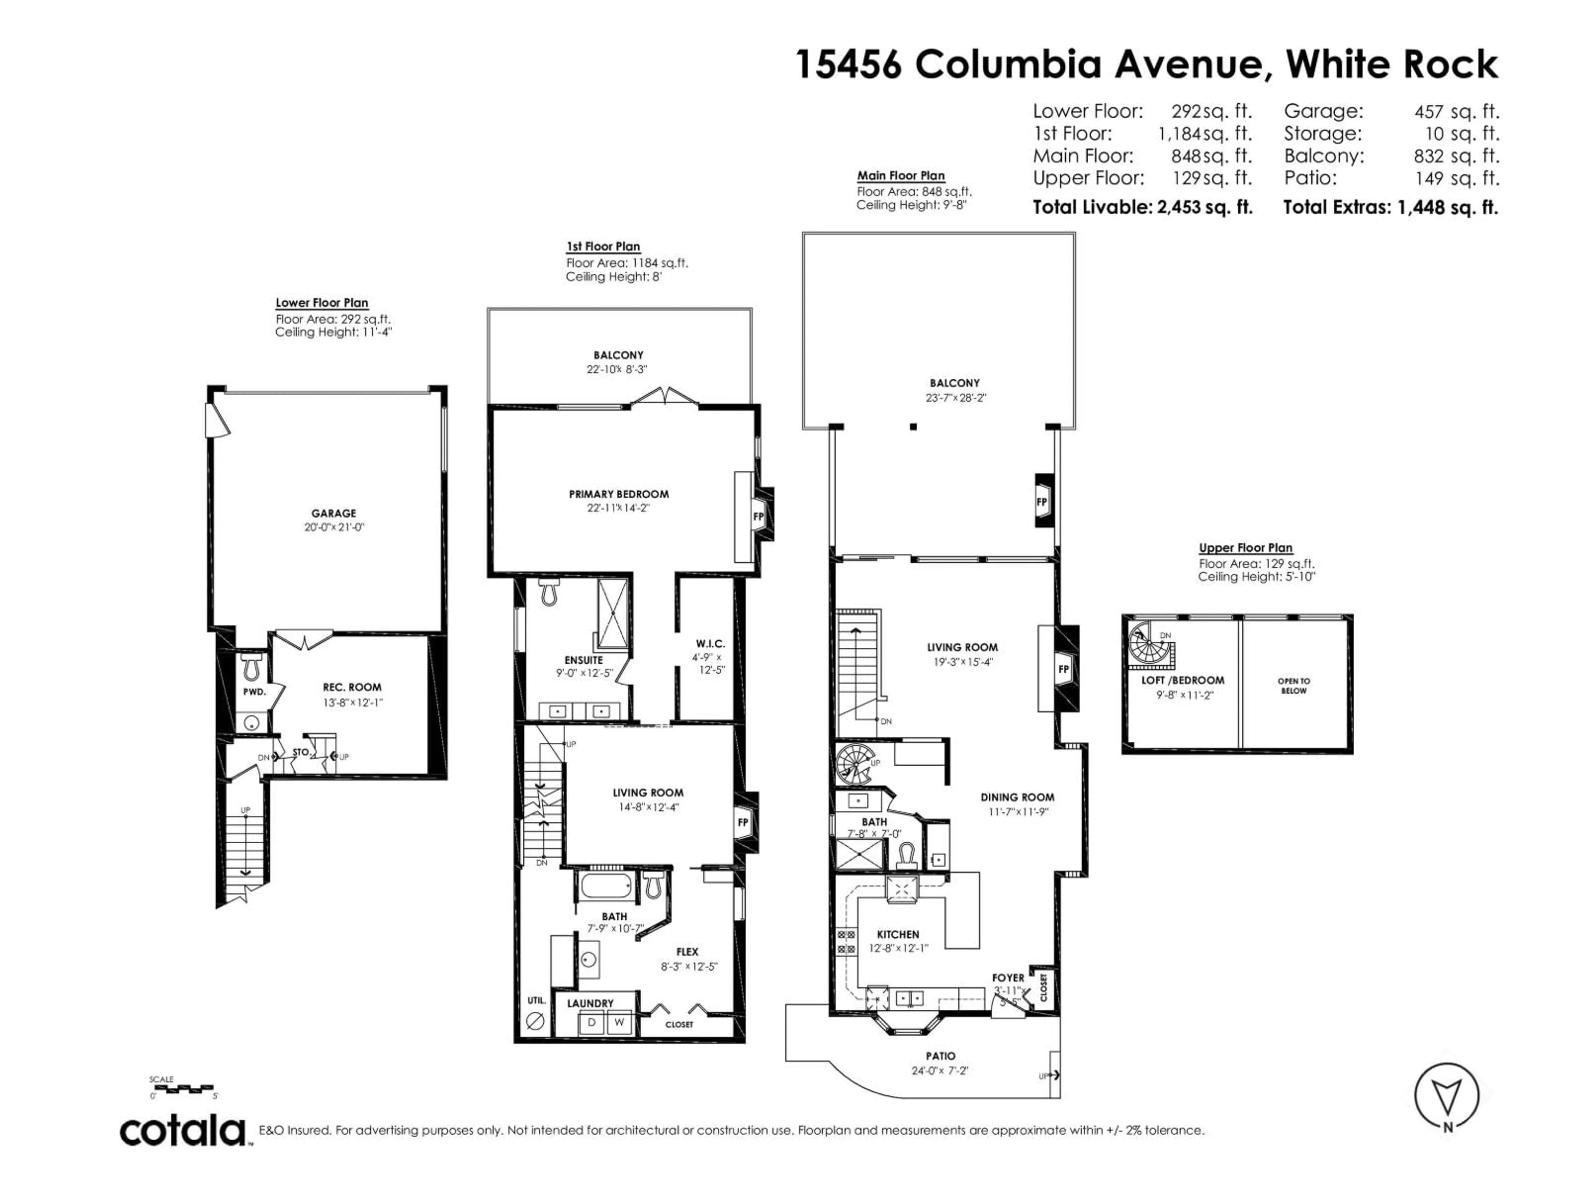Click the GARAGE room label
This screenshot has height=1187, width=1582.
coord(333,513)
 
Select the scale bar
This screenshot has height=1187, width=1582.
coord(184,1089)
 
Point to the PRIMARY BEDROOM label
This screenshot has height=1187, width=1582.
coord(619,494)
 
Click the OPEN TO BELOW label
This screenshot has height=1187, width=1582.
coord(1294,685)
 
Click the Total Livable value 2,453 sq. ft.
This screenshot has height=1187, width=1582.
coord(1205,207)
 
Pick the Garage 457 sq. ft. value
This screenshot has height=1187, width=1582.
coord(1456,112)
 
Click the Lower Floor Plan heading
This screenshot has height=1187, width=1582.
coord(322,303)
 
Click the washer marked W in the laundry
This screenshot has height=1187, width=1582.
coord(619,1023)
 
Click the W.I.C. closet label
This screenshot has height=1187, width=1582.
coord(710,644)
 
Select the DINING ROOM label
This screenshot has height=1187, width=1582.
coord(1017,797)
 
